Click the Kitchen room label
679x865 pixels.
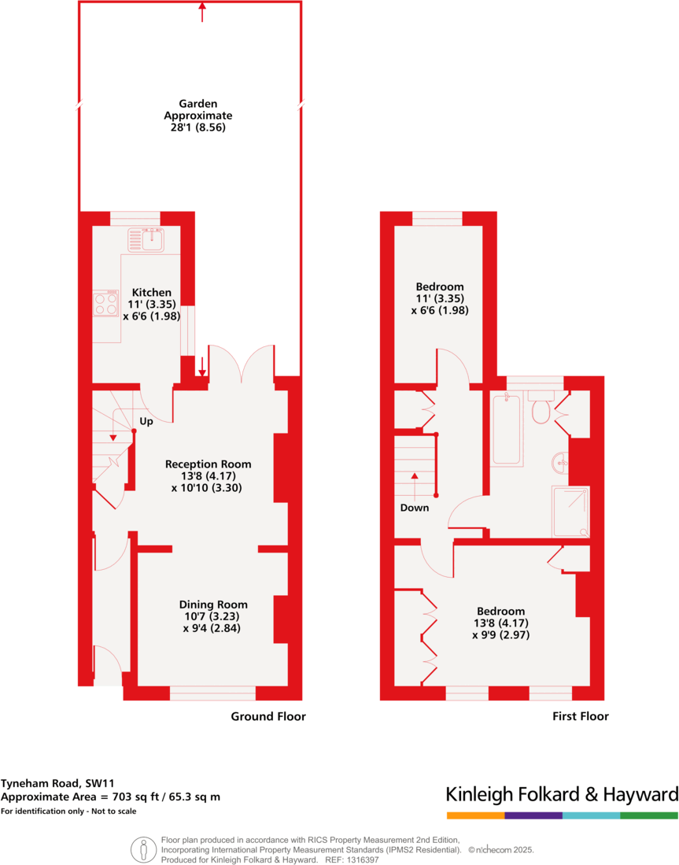(151, 293)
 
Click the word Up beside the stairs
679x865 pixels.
(146, 422)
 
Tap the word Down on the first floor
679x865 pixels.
(415, 508)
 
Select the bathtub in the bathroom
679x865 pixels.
(506, 430)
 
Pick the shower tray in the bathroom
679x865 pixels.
(570, 509)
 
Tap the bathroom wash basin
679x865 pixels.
(560, 462)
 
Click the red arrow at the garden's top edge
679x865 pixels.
(202, 11)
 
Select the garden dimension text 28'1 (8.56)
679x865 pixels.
(197, 128)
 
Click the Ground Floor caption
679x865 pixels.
(268, 716)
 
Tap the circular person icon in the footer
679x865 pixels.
(143, 849)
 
